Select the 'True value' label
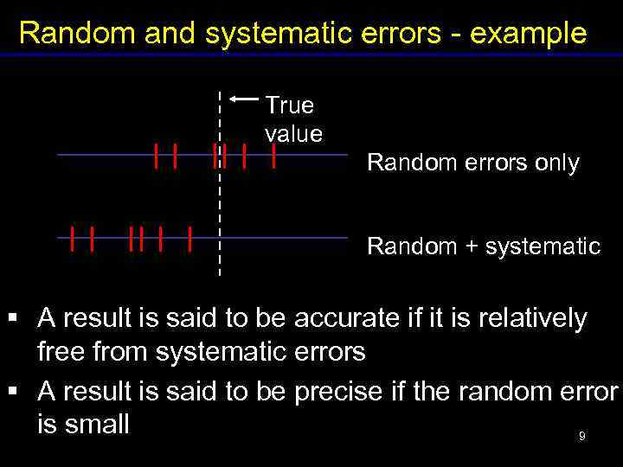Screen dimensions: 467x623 292,119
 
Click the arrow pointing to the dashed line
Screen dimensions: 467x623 245,99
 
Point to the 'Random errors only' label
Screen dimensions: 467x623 472,163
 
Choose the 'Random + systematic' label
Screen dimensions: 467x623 483,246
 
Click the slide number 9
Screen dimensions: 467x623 582,437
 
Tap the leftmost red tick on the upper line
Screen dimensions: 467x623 156,156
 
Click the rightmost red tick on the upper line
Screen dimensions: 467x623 273,156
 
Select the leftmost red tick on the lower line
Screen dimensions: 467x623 73,238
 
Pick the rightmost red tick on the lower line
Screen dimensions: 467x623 189,238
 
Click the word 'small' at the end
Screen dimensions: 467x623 96,424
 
